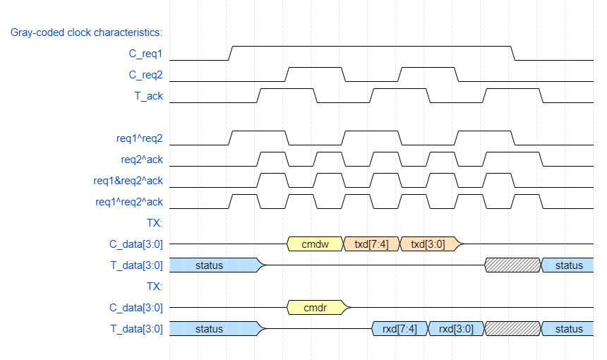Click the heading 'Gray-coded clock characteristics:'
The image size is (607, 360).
(86, 32)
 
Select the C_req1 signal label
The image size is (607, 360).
(145, 54)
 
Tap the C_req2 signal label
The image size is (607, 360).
(145, 75)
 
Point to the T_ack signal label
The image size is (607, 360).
(149, 96)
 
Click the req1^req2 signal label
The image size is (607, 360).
(140, 138)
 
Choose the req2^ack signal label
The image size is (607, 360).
(142, 160)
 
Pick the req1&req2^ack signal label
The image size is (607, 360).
(129, 181)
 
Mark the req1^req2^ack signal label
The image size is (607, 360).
(129, 202)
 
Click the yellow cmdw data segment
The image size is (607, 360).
(315, 244)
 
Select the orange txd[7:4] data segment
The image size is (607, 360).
(371, 244)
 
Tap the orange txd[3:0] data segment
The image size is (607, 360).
(428, 244)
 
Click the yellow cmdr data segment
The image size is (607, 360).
(315, 308)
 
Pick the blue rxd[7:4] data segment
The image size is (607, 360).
(399, 329)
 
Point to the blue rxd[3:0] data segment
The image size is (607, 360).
(456, 329)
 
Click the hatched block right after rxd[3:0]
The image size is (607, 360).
(512, 329)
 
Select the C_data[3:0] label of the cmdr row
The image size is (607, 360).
(136, 308)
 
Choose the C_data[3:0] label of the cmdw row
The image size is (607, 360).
(136, 244)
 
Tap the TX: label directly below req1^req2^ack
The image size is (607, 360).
(154, 223)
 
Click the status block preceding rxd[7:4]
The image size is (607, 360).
(212, 329)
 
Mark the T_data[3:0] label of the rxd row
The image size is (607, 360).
(136, 329)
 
